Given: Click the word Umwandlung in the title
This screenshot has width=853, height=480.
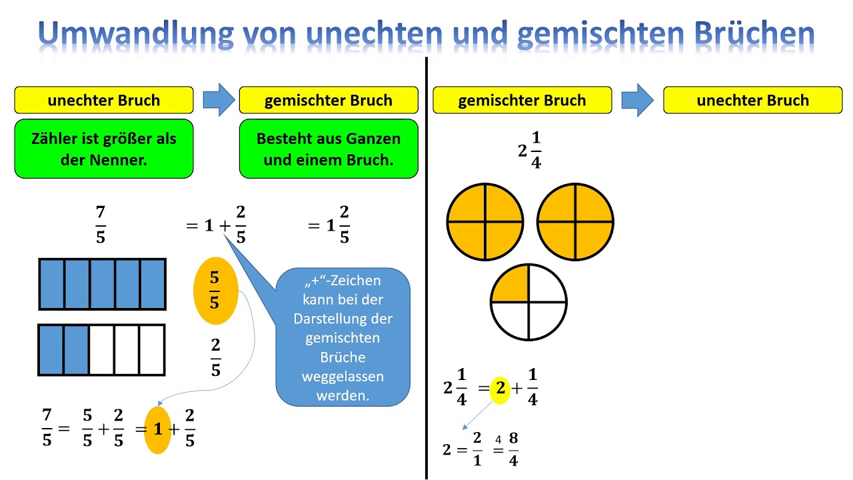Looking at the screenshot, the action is pos(123,33).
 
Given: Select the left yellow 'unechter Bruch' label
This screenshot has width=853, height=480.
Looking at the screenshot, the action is pos(104,100).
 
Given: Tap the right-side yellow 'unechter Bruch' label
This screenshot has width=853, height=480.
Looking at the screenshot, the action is pos(752,100).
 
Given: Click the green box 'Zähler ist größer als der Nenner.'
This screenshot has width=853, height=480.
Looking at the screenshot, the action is pos(104,149).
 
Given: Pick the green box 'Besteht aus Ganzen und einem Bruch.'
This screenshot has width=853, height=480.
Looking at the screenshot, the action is pos(329,149).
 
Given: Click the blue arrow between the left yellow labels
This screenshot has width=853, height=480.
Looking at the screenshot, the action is pos(217,100).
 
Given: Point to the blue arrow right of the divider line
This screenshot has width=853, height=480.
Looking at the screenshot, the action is pos(638,100).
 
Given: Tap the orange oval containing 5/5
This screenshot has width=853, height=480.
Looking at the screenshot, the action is pos(215,291).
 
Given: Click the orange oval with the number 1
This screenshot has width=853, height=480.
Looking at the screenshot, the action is pos(158,430).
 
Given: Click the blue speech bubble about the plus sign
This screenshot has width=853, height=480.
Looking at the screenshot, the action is pos(343,337).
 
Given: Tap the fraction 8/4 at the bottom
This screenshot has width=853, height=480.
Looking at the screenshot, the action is pos(513,449).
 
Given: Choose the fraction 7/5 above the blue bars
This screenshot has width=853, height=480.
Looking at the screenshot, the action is pos(101,225).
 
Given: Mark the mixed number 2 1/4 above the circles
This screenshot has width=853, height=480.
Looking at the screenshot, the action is pos(530,151).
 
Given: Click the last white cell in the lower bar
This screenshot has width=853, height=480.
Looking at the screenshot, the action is pos(152,350).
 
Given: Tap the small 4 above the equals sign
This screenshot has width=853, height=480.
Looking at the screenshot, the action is pos(498,439).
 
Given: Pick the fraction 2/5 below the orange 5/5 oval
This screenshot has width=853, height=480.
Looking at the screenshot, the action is pos(215,357).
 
